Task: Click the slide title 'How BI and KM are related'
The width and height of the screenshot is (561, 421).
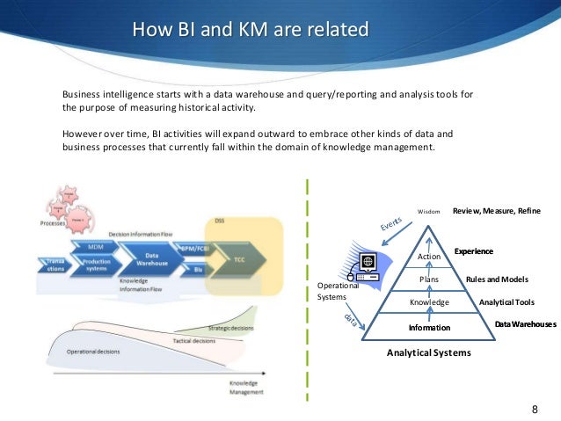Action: tap(250, 32)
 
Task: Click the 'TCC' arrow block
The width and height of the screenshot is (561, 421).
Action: tap(240, 261)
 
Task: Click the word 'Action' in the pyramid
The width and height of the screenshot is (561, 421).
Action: tap(428, 256)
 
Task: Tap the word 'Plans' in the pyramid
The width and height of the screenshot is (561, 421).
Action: tap(428, 279)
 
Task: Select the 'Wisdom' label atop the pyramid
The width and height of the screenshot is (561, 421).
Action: tap(428, 212)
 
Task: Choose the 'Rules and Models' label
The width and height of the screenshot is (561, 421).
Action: tap(497, 279)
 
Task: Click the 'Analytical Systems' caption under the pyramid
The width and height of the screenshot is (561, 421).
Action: tap(428, 352)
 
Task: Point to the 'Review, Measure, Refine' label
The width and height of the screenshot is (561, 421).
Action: tap(497, 212)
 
